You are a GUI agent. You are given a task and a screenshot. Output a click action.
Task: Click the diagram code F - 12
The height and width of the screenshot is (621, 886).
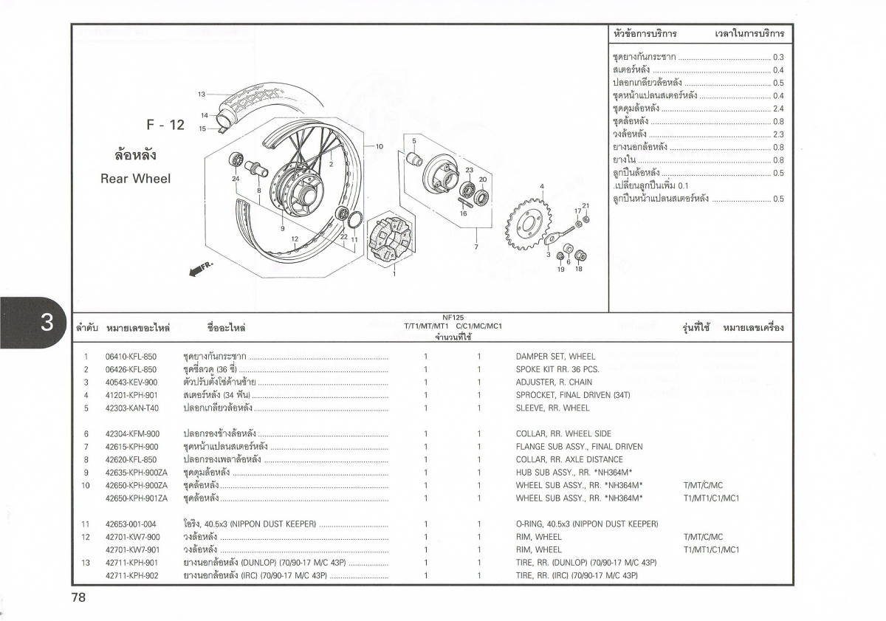(165, 125)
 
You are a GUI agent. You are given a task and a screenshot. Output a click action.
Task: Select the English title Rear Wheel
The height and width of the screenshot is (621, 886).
(135, 179)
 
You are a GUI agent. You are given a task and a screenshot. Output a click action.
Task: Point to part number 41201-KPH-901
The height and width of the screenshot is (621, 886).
(131, 395)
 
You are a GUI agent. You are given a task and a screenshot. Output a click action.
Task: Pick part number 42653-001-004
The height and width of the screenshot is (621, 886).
(131, 524)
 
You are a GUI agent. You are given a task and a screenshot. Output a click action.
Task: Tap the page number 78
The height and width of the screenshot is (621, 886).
(79, 597)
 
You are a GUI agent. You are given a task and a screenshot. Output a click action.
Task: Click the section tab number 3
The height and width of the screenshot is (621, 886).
(47, 323)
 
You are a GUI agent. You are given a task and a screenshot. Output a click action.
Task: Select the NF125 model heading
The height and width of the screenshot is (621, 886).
(453, 317)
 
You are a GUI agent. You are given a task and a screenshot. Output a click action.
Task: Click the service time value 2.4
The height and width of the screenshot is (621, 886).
(778, 109)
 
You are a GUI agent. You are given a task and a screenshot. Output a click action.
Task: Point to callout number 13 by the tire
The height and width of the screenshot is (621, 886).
(201, 95)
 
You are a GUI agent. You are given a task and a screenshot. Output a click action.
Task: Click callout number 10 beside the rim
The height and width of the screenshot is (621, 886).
(379, 146)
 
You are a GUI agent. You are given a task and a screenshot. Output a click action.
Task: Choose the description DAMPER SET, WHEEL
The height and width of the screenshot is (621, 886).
(555, 357)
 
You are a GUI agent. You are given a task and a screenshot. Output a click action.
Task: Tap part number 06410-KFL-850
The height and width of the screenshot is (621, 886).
(131, 357)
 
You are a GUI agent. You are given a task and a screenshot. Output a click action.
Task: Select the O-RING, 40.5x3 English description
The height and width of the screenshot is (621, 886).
(587, 524)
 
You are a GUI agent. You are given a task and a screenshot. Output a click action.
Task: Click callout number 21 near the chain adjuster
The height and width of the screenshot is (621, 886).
(585, 206)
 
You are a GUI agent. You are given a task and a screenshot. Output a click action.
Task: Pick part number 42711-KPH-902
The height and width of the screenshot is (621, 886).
(131, 575)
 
